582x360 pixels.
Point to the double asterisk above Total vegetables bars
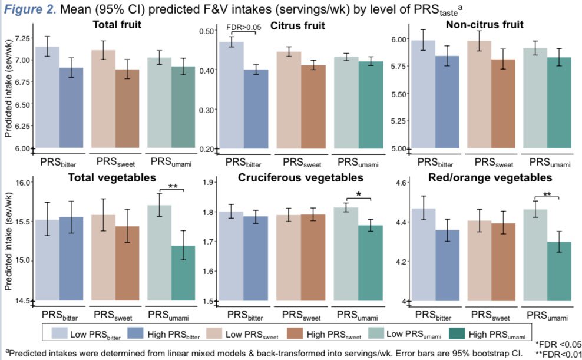click(173, 186)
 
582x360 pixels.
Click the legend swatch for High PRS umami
click(457, 334)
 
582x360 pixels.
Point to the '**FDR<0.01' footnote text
click(557, 354)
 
